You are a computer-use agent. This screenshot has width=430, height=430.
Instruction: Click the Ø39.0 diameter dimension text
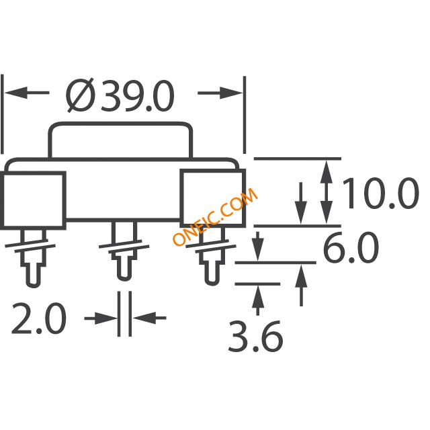[x=120, y=95]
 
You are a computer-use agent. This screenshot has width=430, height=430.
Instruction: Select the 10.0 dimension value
[x=380, y=193]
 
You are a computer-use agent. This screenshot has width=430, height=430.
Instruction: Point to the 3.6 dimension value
[x=255, y=337]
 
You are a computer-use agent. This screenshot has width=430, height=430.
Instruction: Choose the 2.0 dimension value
[x=39, y=318]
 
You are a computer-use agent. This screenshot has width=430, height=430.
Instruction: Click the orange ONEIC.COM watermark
[x=215, y=216]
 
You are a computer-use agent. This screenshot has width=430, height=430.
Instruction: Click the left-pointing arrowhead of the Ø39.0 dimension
[x=16, y=93]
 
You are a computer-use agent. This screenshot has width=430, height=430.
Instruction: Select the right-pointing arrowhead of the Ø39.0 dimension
[x=231, y=93]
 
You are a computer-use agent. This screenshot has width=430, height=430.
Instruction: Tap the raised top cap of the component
[x=120, y=124]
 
